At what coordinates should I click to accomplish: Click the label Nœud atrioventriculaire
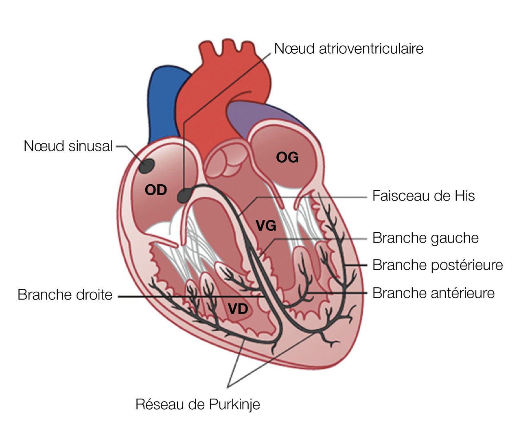pyautogui.click(x=349, y=49)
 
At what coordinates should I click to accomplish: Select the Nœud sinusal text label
pyautogui.click(x=68, y=146)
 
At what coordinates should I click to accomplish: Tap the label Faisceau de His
pyautogui.click(x=423, y=196)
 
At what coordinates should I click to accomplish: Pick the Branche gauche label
pyautogui.click(x=425, y=238)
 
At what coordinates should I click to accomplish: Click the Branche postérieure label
pyautogui.click(x=438, y=265)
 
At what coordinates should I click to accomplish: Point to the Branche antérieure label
pyautogui.click(x=433, y=293)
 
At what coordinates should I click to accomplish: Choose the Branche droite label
pyautogui.click(x=65, y=295)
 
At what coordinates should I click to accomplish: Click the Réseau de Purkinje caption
pyautogui.click(x=198, y=404)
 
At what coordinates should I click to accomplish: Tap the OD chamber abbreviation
pyautogui.click(x=156, y=190)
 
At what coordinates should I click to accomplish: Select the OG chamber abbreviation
pyautogui.click(x=287, y=157)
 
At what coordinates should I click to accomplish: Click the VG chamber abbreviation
pyautogui.click(x=266, y=225)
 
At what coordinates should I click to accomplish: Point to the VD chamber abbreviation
pyautogui.click(x=238, y=309)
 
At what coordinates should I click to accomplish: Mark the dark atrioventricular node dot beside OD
pyautogui.click(x=184, y=196)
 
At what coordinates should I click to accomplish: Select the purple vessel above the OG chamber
pyautogui.click(x=265, y=116)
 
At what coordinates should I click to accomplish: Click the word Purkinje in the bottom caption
pyautogui.click(x=234, y=404)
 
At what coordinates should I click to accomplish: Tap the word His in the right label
pyautogui.click(x=465, y=196)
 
